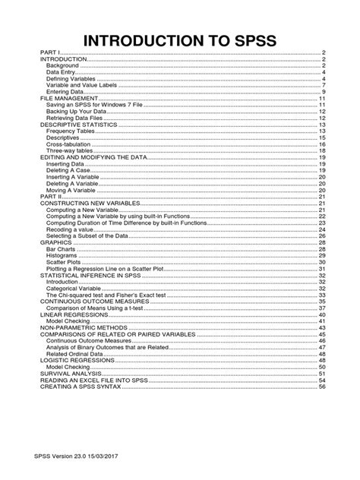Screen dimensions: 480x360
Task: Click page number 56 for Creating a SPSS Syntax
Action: tap(322, 386)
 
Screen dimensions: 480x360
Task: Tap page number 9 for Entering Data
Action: tap(324, 91)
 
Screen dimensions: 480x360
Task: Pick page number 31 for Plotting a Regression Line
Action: tap(322, 268)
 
